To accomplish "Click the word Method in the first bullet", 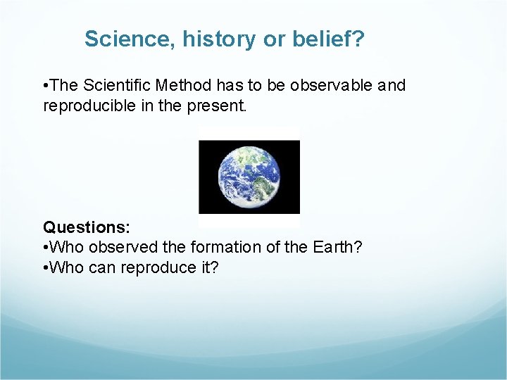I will click(181, 86).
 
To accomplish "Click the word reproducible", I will click(89, 106).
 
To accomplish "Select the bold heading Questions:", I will click(87, 227).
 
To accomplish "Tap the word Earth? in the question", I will click(339, 248).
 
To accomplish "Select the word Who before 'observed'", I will click(68, 248).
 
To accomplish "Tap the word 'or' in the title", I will click(272, 39).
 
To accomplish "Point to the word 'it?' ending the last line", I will click(207, 268).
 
